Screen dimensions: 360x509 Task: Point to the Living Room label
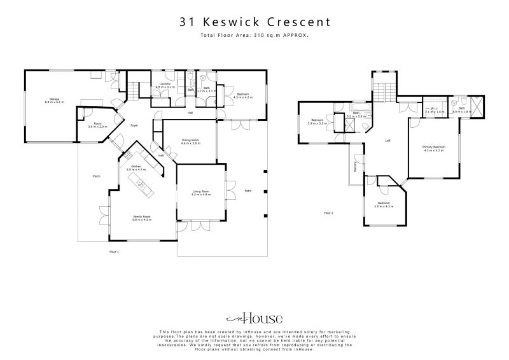pyautogui.click(x=201, y=191)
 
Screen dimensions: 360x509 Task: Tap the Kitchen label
pyautogui.click(x=136, y=167)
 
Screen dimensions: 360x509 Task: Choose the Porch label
pyautogui.click(x=97, y=176)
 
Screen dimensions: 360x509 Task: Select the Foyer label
pyautogui.click(x=134, y=125)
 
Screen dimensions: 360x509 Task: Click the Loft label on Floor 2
pyautogui.click(x=387, y=141)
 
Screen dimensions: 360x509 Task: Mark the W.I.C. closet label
pyautogui.click(x=433, y=109)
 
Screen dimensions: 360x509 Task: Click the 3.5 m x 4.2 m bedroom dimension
pyautogui.click(x=382, y=208)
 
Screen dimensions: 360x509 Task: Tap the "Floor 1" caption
pyautogui.click(x=114, y=252)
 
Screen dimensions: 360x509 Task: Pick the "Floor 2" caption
pyautogui.click(x=328, y=212)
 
